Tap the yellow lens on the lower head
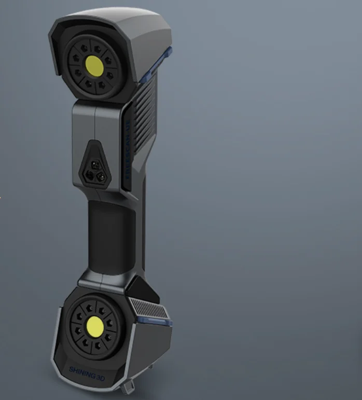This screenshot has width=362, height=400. [95, 326]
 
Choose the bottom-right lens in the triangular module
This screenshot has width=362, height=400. [101, 176]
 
